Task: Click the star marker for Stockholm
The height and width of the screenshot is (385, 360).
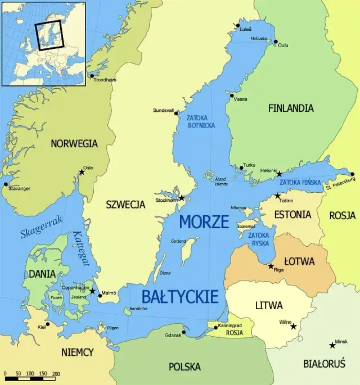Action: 182,198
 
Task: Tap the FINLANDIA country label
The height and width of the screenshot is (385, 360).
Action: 291,108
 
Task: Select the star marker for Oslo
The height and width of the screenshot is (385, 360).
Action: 82,172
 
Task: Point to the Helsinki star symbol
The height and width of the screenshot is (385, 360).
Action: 279,174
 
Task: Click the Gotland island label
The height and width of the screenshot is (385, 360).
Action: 178,241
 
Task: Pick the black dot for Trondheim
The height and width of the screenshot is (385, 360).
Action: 92,76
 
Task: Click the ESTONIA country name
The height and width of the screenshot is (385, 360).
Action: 292,215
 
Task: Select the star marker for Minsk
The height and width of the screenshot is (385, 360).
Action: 332,345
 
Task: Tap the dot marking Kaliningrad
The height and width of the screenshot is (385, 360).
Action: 215,327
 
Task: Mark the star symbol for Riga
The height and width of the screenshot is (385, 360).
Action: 271,266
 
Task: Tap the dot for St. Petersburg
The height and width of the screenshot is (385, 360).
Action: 352,174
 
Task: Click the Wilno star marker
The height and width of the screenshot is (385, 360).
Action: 293,326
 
